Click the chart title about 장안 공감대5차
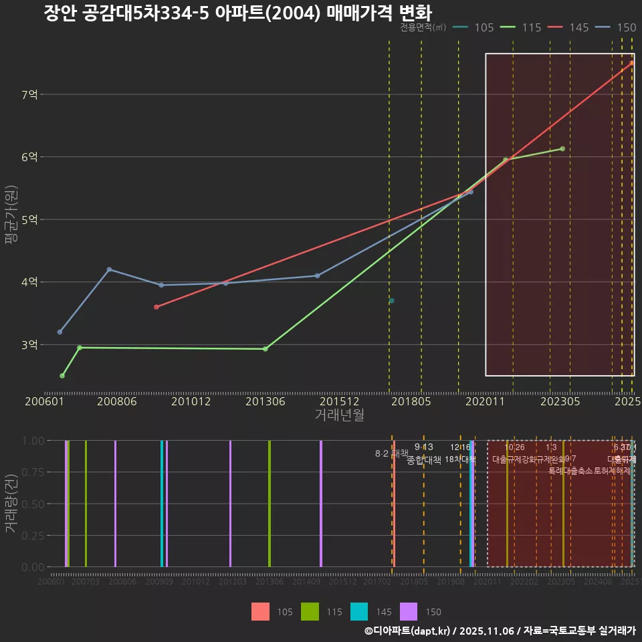click(237, 13)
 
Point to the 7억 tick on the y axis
click(29, 95)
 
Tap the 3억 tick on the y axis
click(29, 345)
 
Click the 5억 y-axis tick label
click(29, 220)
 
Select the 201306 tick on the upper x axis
click(265, 402)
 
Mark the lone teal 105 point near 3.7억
click(392, 301)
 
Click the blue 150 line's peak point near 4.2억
click(109, 270)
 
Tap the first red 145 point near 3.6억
click(156, 307)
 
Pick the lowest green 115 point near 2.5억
click(62, 376)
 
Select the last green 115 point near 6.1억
click(562, 148)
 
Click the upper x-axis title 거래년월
click(340, 415)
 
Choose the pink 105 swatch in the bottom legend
click(261, 611)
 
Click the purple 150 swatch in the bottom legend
click(409, 611)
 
